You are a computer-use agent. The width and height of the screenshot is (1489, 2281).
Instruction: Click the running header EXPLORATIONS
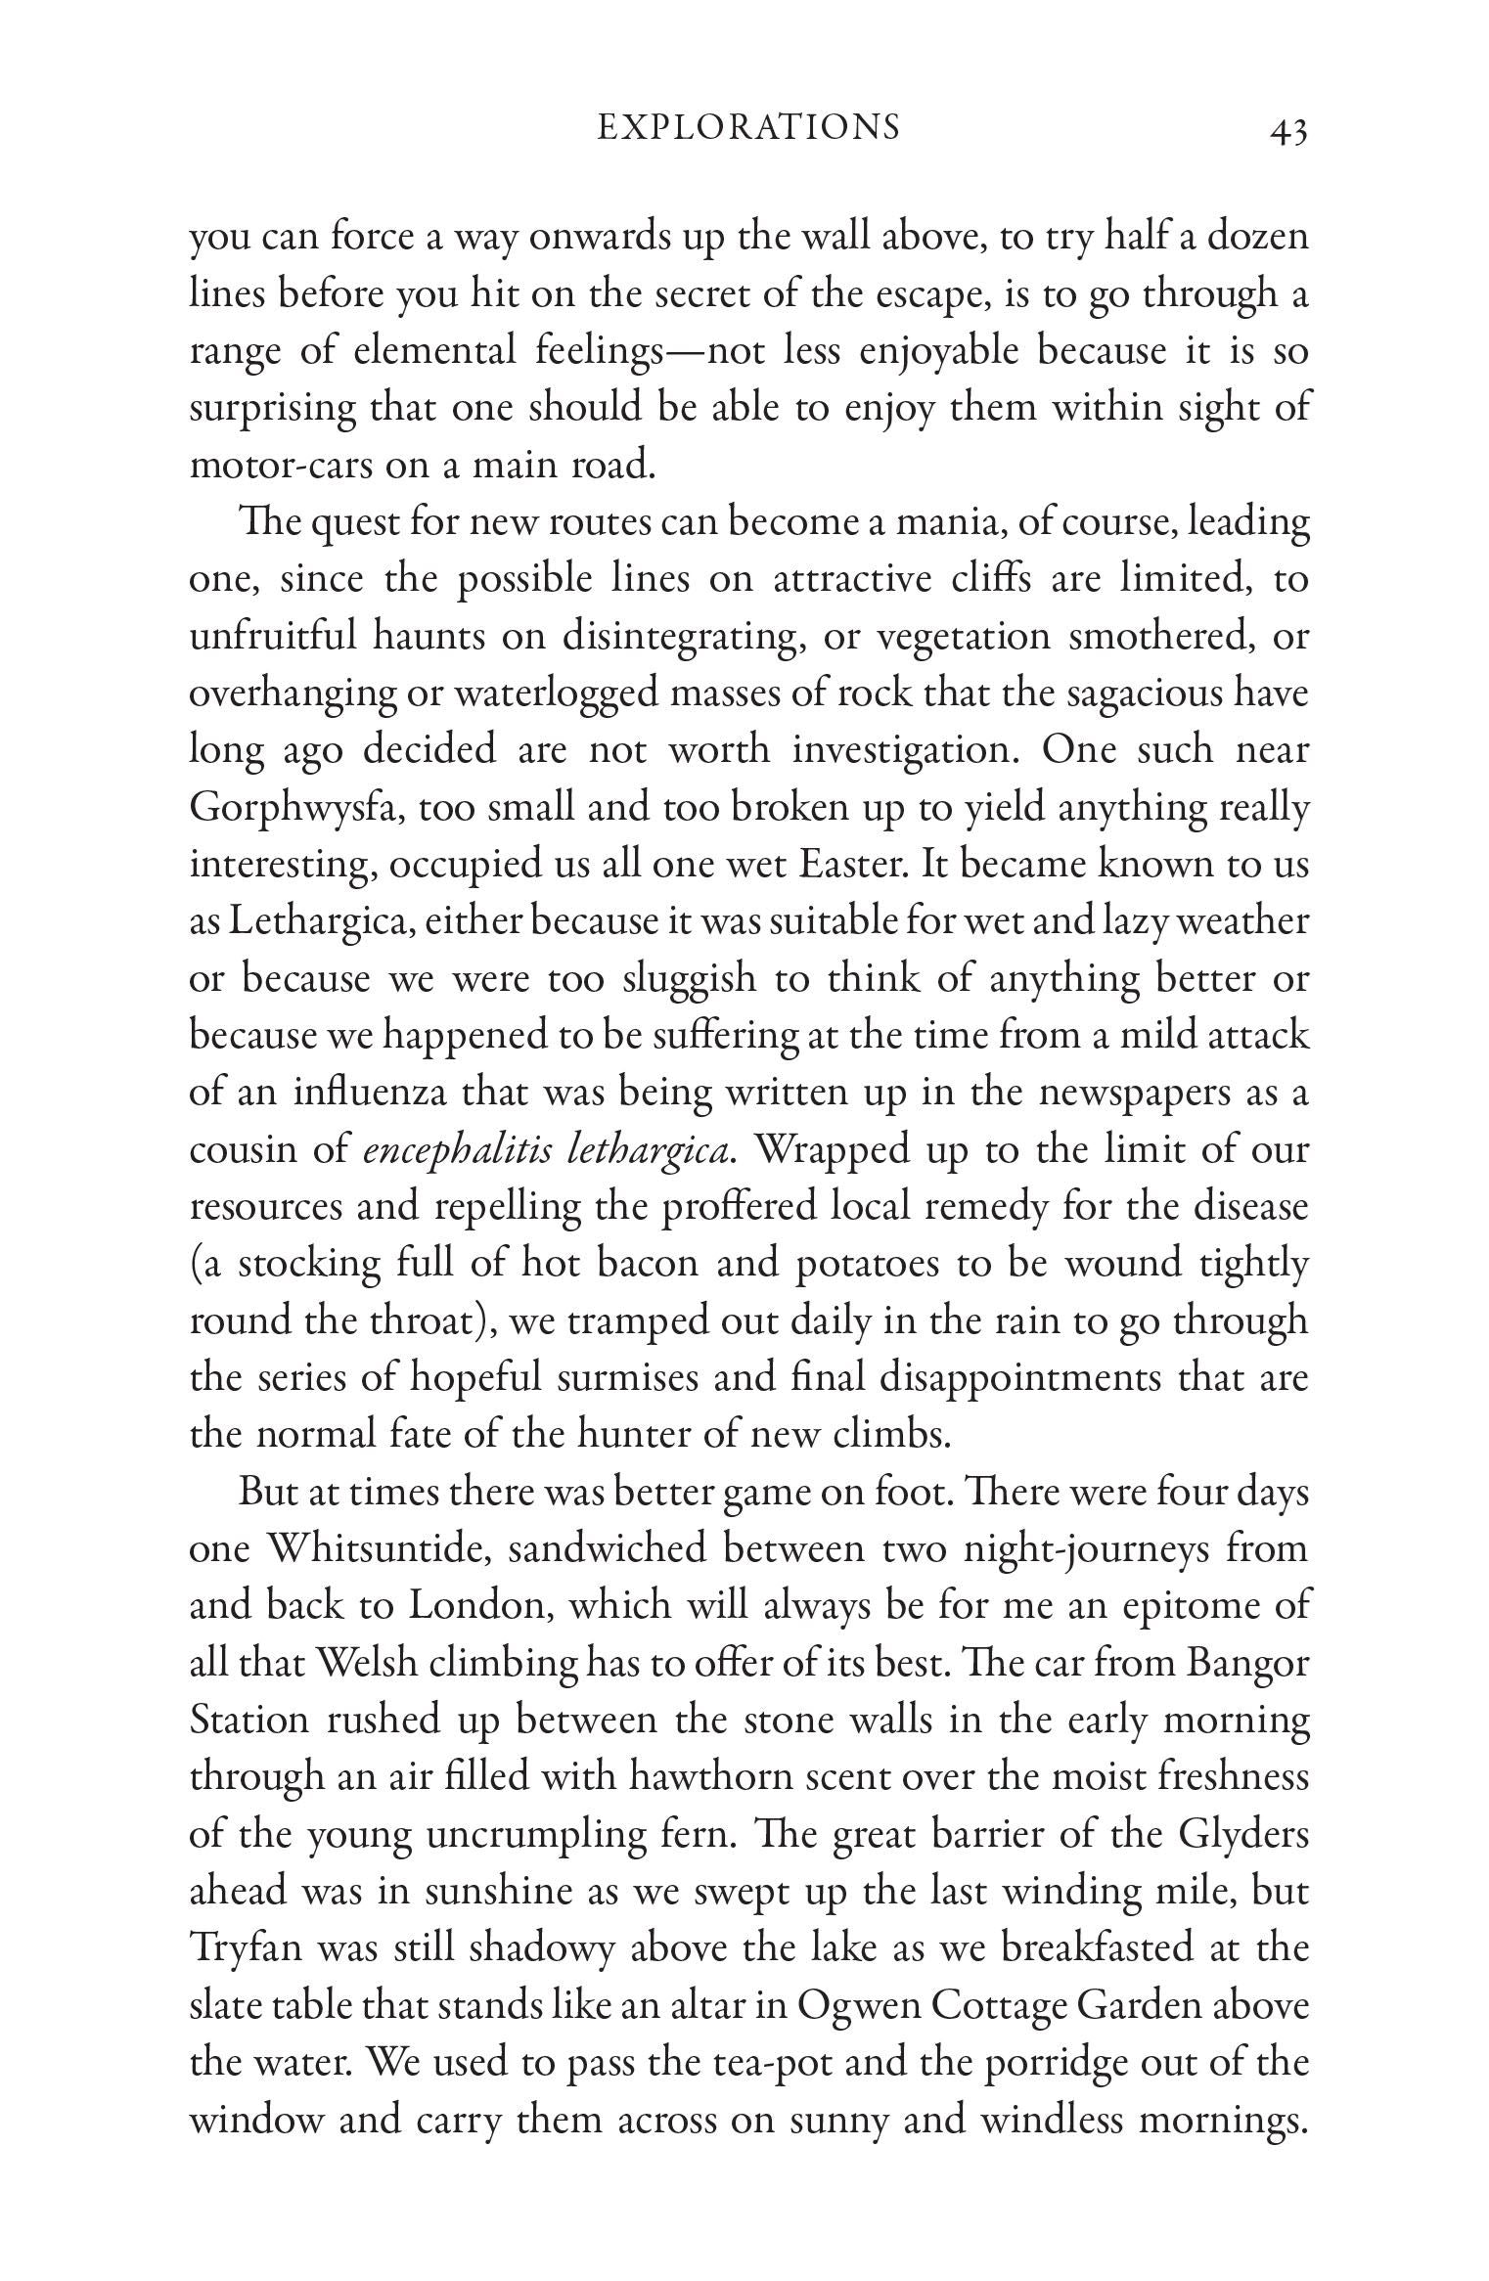[748, 128]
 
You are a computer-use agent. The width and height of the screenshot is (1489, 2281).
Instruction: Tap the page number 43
[1287, 131]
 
